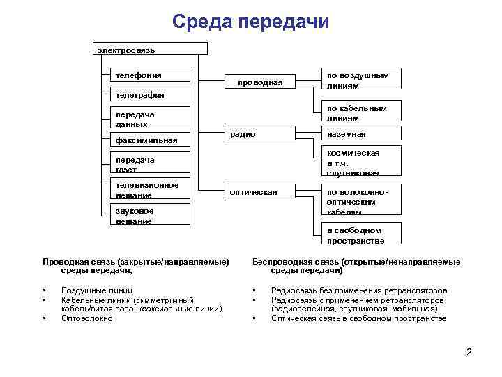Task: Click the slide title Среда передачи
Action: (x=250, y=22)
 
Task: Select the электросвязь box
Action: (x=151, y=49)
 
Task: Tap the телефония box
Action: (x=151, y=75)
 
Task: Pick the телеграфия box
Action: (x=151, y=95)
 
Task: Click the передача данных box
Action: (x=151, y=118)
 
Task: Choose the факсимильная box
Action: (x=151, y=141)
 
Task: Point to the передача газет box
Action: (x=151, y=164)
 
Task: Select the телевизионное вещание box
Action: (x=151, y=190)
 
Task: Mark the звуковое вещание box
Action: (x=151, y=215)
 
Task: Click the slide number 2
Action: (x=469, y=351)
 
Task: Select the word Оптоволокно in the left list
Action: (x=86, y=318)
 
